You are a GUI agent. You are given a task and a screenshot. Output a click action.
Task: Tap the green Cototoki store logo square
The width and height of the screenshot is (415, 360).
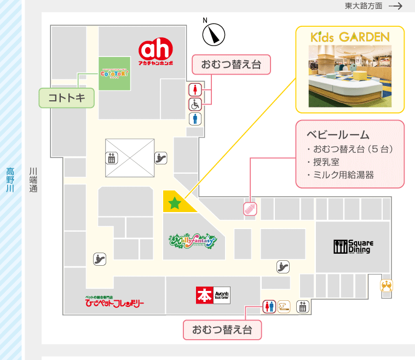(114, 73)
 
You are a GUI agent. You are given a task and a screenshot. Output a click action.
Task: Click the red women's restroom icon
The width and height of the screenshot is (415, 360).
(195, 89)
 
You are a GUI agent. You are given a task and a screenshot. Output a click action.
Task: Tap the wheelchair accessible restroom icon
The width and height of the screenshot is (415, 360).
(195, 104)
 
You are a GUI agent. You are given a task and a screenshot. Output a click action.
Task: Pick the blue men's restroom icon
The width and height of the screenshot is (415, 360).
(195, 119)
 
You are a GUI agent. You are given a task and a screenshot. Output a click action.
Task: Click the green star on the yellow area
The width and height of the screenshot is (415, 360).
(175, 204)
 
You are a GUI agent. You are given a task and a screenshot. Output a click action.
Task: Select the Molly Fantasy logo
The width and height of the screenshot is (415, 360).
(193, 240)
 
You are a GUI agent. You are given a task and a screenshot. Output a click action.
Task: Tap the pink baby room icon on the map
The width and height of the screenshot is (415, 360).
(250, 209)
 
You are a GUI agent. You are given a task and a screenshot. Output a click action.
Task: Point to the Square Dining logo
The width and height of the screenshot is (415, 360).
(353, 246)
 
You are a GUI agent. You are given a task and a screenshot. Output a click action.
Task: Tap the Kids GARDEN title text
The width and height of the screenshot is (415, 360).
(350, 37)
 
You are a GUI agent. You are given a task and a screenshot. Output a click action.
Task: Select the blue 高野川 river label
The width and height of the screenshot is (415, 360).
(10, 179)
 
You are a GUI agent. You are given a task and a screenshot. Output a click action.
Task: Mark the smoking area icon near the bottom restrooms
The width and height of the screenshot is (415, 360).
(284, 306)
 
